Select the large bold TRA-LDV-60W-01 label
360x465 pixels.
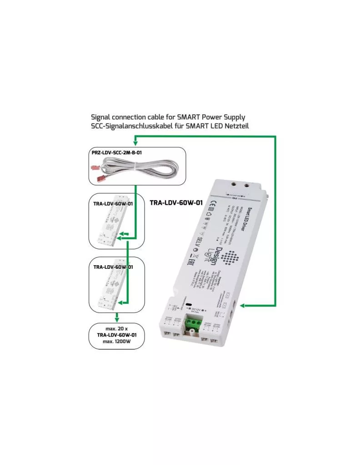coord(176,203)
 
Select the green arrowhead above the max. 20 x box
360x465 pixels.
coord(117,317)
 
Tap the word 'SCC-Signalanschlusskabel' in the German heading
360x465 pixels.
coord(132,125)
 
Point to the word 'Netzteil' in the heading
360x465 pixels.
coord(236,125)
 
